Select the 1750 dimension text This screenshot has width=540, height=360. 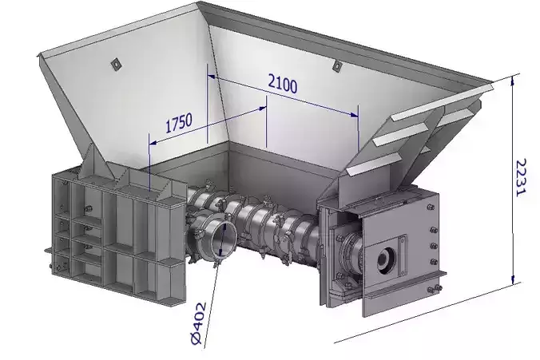[x=179, y=123]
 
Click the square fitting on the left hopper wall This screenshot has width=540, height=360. [x=117, y=64]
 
